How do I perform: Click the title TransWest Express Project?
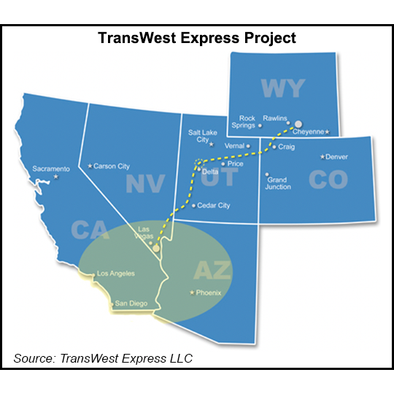click(x=196, y=38)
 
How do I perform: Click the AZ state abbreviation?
click(x=212, y=271)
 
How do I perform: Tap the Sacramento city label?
click(x=51, y=169)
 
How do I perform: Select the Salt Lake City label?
click(x=199, y=137)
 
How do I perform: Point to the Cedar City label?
click(x=213, y=206)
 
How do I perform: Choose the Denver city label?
click(x=336, y=157)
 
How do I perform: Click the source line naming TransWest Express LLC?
click(x=106, y=358)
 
